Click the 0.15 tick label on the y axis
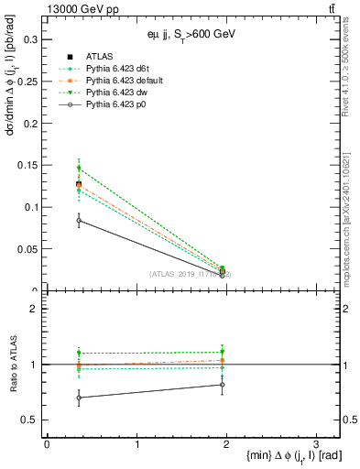pyautogui.click(x=27, y=165)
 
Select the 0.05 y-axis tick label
pyautogui.click(x=27, y=249)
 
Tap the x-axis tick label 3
pyautogui.click(x=315, y=444)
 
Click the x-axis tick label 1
pyautogui.click(x=136, y=444)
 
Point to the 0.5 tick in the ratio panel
pyautogui.click(x=29, y=420)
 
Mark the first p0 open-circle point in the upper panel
pyautogui.click(x=79, y=220)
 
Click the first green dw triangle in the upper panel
pyautogui.click(x=79, y=168)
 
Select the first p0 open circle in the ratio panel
pyautogui.click(x=79, y=398)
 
